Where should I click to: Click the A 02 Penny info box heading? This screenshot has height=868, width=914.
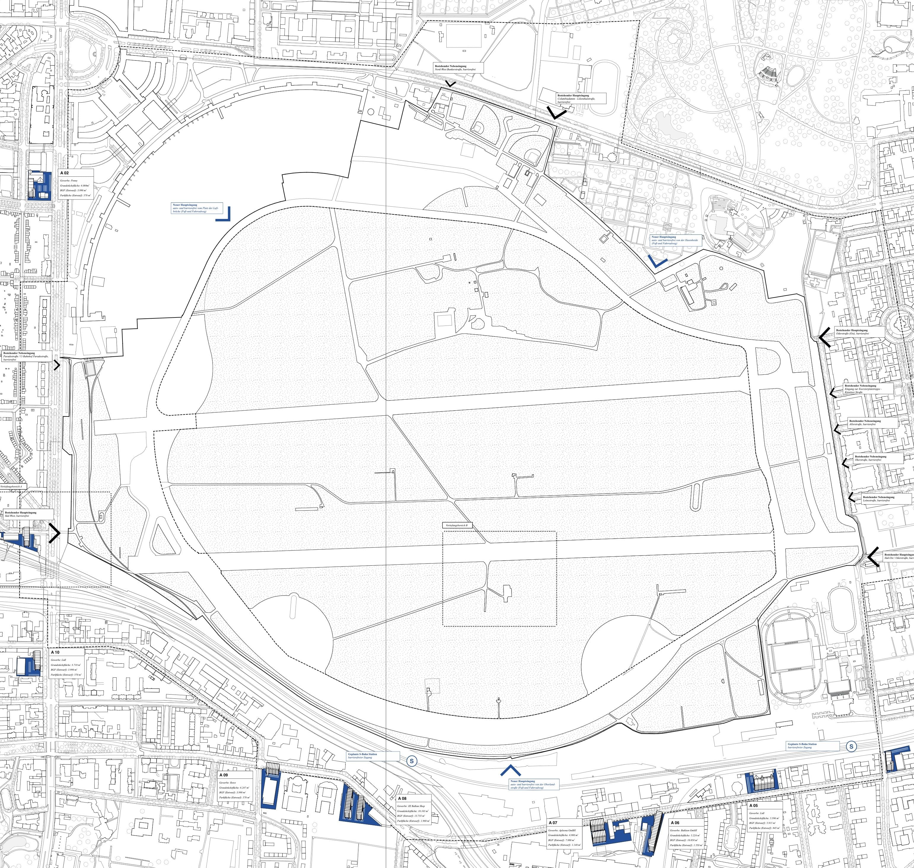(x=64, y=173)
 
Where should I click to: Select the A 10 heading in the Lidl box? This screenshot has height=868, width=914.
(x=55, y=652)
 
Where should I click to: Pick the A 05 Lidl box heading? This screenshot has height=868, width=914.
(x=754, y=805)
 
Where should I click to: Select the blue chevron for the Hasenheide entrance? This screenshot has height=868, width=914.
(x=657, y=262)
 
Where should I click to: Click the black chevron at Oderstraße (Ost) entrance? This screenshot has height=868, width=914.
(x=824, y=337)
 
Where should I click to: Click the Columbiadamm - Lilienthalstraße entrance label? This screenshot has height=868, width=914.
(x=580, y=98)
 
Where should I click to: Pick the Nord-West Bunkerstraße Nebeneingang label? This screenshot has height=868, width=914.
(x=458, y=68)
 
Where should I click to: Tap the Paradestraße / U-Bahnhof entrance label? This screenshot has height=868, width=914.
(x=26, y=356)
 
